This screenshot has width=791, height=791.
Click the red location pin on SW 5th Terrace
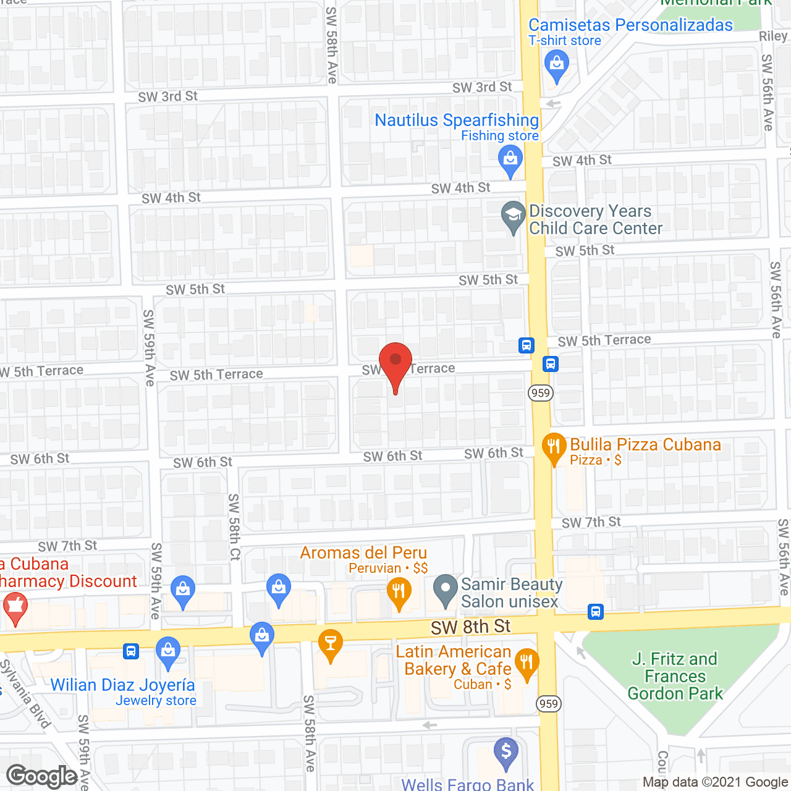tap(395, 362)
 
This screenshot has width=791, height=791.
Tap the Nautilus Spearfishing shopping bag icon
tap(510, 159)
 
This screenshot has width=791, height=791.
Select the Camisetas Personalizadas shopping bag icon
tap(556, 64)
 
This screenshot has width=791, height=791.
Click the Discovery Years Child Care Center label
tap(595, 219)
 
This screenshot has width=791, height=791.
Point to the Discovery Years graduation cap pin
tap(512, 216)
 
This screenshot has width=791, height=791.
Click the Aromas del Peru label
tap(363, 552)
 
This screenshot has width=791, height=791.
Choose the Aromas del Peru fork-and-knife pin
tap(399, 591)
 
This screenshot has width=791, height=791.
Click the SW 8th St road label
tap(470, 627)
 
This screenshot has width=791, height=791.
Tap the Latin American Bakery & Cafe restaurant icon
tap(526, 663)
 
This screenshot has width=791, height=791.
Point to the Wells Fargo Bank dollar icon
tap(505, 752)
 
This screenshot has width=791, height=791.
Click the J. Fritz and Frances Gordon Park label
tap(675, 676)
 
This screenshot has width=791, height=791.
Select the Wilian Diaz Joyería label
tap(122, 685)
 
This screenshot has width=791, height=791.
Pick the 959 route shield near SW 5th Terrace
tap(540, 392)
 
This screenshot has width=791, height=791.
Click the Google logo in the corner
tap(42, 776)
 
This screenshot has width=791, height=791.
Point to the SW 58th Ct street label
tap(234, 527)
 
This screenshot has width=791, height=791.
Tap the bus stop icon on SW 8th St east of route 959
tap(595, 612)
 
